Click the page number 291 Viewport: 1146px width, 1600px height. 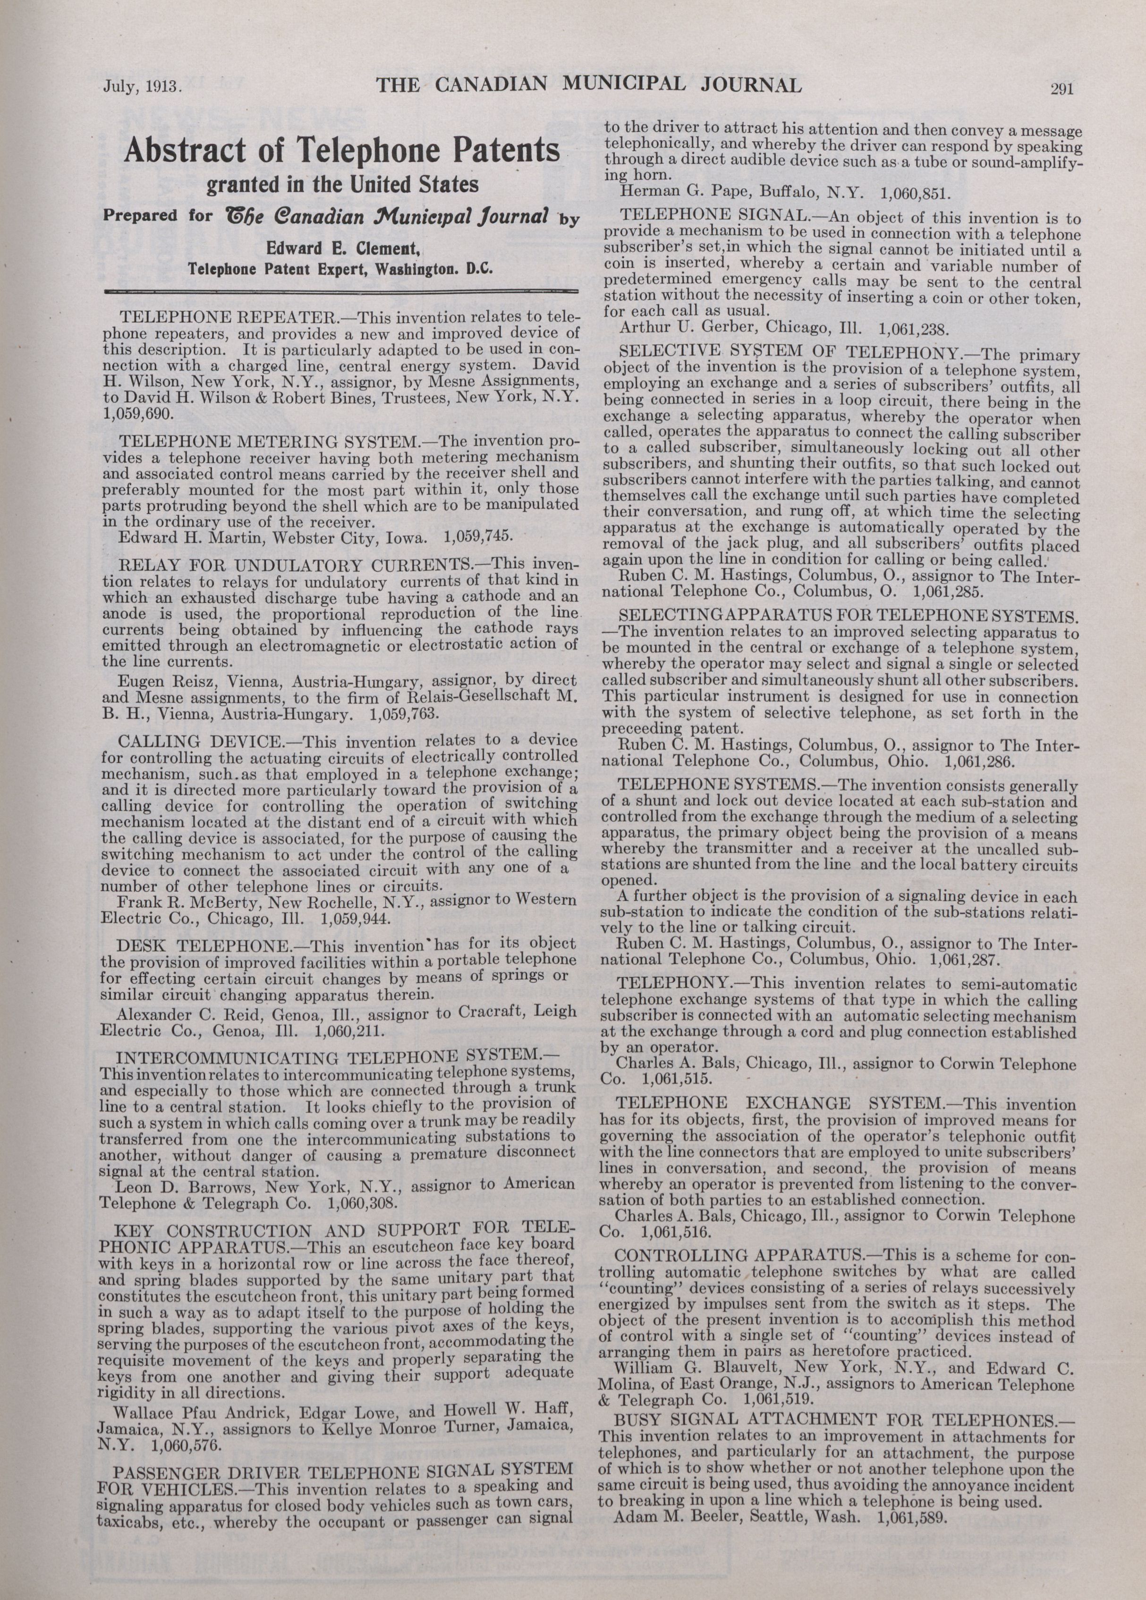[x=1061, y=89]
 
